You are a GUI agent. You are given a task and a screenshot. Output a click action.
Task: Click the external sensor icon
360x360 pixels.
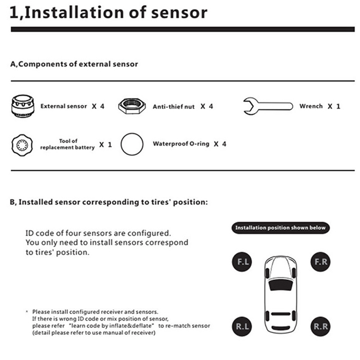point(23,107)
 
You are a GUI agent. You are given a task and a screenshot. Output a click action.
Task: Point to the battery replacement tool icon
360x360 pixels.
point(22,145)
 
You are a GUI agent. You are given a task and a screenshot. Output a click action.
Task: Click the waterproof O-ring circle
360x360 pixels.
point(132,144)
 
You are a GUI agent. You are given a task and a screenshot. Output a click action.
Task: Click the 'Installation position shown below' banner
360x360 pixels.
point(280,228)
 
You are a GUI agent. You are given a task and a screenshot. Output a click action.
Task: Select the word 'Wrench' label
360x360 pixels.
point(311,107)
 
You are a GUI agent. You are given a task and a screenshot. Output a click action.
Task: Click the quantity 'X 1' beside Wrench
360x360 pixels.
point(334,107)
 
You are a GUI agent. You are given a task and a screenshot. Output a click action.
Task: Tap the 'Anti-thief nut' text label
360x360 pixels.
point(174,107)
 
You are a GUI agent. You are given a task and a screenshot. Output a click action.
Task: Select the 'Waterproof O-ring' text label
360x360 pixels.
point(181,144)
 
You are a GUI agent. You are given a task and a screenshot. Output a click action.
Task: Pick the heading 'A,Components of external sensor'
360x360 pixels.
point(74,64)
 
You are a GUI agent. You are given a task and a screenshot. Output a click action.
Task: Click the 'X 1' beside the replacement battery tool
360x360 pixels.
point(105,145)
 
